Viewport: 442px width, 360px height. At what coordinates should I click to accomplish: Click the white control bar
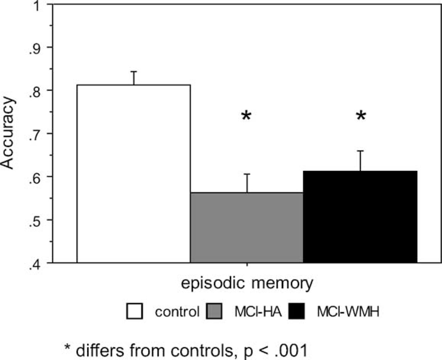(133, 174)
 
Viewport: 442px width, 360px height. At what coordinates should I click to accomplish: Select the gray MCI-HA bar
(247, 228)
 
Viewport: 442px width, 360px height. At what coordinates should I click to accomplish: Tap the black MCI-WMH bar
(360, 217)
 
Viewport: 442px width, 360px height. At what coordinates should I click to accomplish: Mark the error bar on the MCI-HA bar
(247, 183)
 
